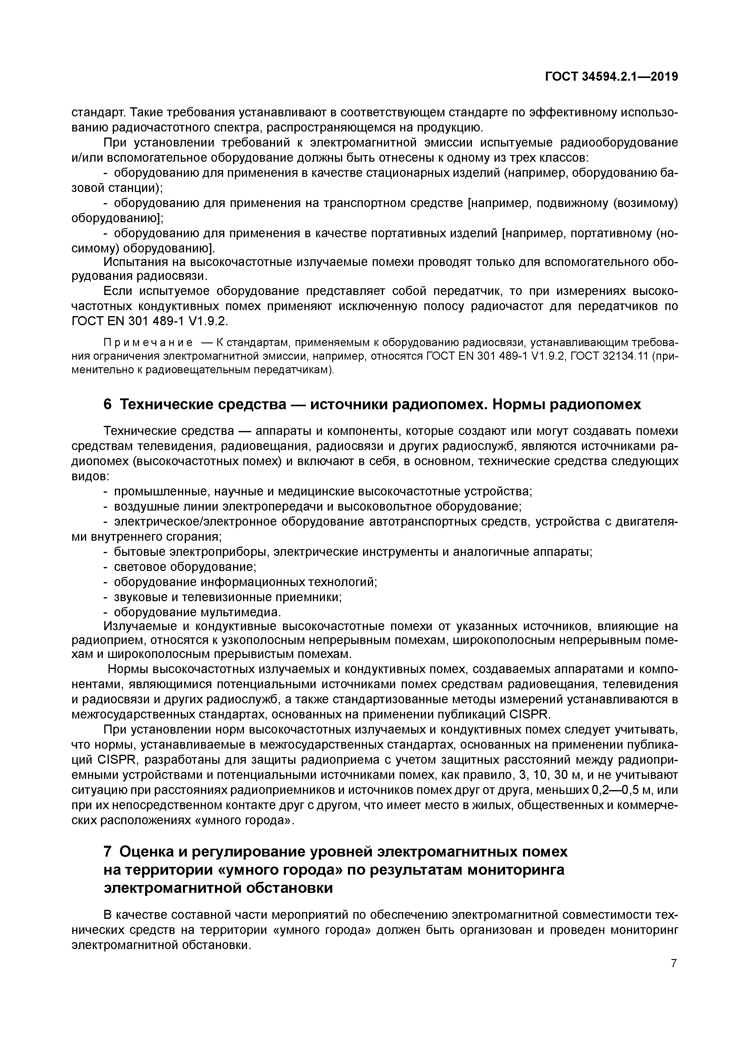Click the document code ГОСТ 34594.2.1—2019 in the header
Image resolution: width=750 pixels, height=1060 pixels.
[x=612, y=77]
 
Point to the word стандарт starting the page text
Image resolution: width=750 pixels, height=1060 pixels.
[x=97, y=112]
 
